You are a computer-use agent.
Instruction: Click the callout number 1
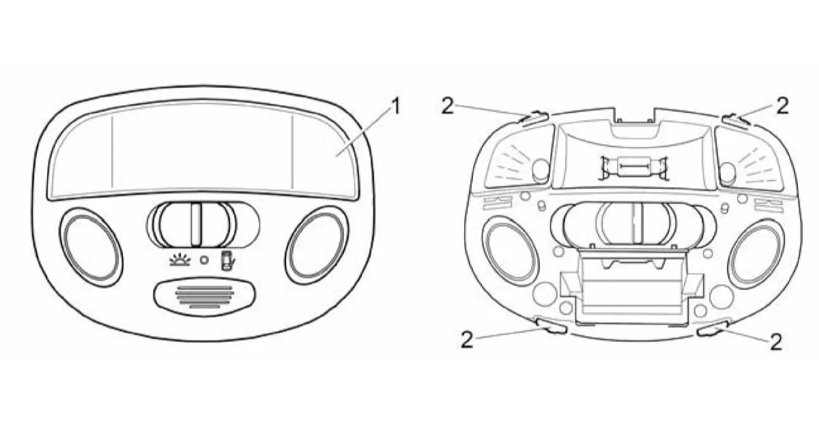click(395, 106)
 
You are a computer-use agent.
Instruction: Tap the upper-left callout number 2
click(448, 106)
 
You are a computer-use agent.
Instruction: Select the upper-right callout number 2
click(782, 106)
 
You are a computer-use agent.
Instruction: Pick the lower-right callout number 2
click(776, 342)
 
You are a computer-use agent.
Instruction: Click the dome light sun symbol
click(180, 259)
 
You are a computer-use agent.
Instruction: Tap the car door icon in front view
click(227, 260)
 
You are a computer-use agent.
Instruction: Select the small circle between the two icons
click(204, 260)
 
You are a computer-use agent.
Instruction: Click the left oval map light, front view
click(91, 247)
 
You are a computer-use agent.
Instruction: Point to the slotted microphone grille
click(204, 296)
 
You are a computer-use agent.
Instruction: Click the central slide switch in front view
click(203, 225)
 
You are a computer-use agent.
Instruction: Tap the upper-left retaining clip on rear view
click(534, 119)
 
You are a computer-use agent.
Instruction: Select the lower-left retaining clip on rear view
click(551, 326)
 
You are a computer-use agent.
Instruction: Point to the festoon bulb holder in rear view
click(633, 168)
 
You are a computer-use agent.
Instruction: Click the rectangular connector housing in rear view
click(631, 285)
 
